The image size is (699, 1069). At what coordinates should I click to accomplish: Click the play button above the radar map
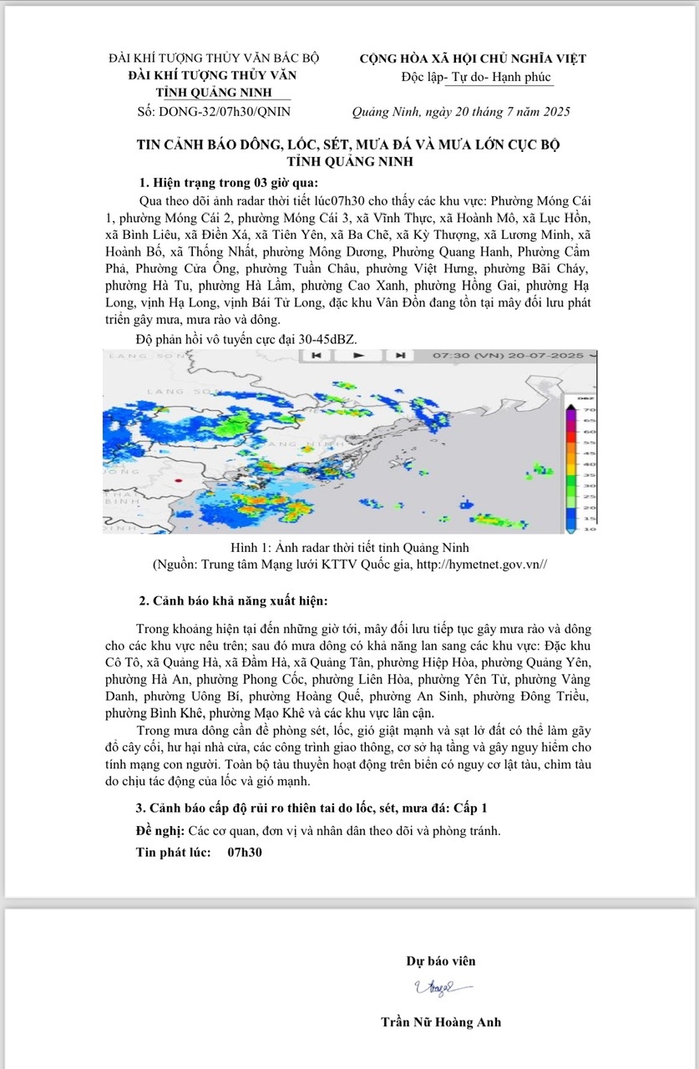358,355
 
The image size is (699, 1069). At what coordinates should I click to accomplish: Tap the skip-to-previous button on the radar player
317,355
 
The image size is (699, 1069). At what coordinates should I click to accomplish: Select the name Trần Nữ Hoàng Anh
440,1021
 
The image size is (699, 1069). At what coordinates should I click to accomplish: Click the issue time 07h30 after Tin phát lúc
245,853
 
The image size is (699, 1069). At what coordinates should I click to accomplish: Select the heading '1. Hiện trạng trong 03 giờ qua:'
228,184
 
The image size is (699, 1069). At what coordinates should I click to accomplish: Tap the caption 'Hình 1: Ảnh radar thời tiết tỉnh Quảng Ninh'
349,548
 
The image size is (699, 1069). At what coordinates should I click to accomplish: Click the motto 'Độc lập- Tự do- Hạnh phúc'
476,77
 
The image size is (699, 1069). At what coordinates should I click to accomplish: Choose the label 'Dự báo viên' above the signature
441,960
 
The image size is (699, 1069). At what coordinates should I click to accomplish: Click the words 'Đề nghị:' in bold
160,831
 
